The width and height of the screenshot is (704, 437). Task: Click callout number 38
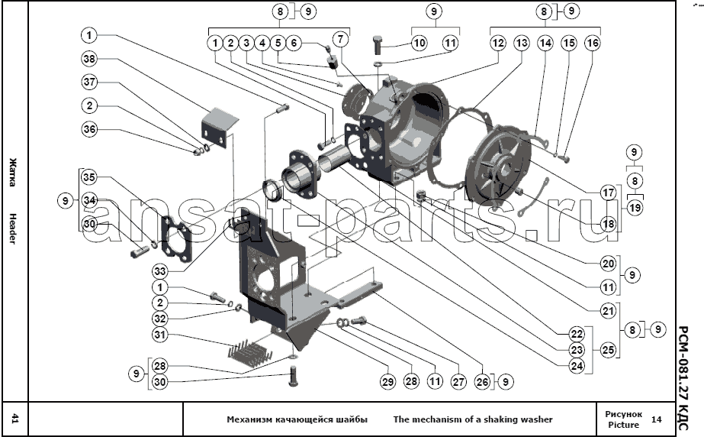click(90, 59)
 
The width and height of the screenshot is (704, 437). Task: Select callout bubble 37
click(90, 82)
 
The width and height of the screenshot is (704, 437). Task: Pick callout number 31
click(160, 335)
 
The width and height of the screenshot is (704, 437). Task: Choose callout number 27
click(458, 380)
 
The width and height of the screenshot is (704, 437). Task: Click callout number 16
click(592, 44)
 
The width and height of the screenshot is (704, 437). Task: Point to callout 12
click(497, 44)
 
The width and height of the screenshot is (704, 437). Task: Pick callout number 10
click(419, 44)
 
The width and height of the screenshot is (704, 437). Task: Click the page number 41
click(14, 419)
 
